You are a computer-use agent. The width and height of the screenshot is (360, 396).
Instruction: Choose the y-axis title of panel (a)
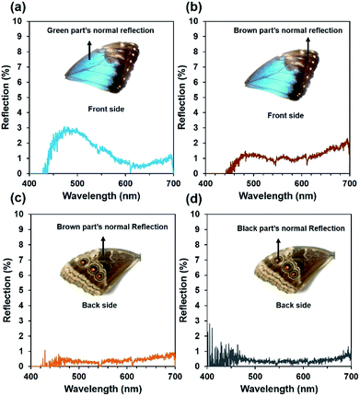7,94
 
